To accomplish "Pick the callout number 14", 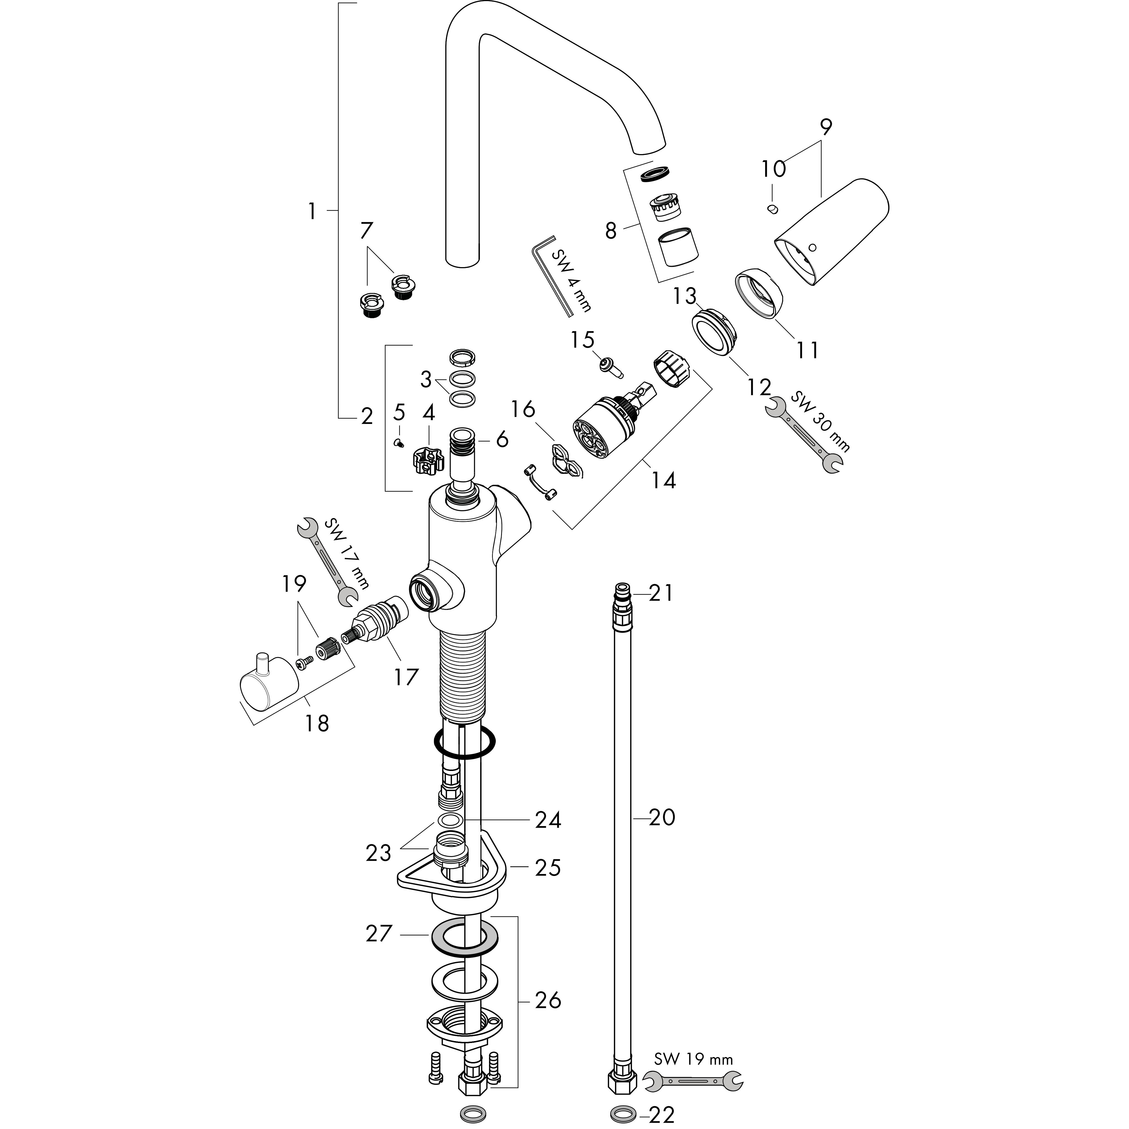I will [x=663, y=480].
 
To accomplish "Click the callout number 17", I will [x=406, y=677].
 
